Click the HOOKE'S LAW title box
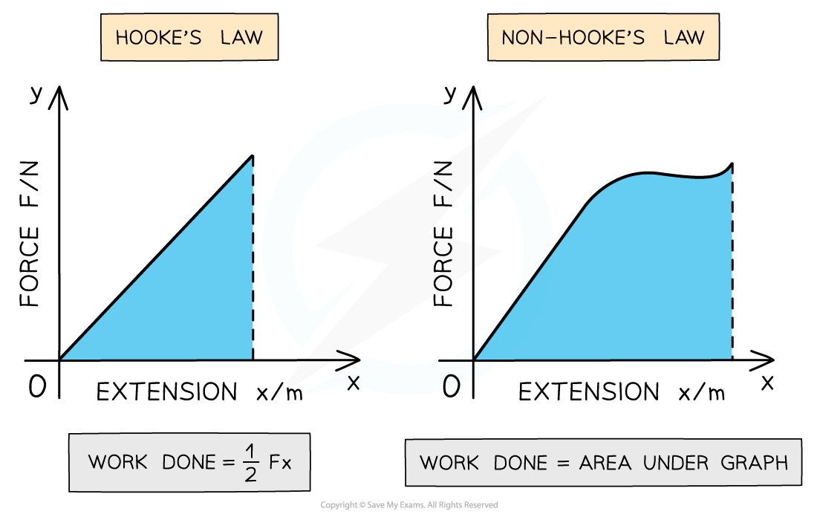[x=189, y=37]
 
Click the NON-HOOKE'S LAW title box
[x=603, y=37]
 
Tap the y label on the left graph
[x=36, y=94]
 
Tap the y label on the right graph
[x=449, y=94]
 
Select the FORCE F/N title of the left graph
[x=30, y=234]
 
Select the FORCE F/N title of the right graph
[x=443, y=234]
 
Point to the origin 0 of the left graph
[x=38, y=387]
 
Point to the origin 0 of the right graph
[x=452, y=387]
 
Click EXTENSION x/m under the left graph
[x=200, y=391]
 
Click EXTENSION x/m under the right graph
[x=622, y=391]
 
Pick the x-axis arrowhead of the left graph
[x=350, y=360]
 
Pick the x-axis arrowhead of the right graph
[x=764, y=360]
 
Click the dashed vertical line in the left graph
[x=253, y=258]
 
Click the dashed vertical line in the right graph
[x=732, y=262]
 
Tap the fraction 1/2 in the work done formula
[x=251, y=463]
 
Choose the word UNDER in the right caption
[x=676, y=463]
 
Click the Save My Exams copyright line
[x=409, y=505]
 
